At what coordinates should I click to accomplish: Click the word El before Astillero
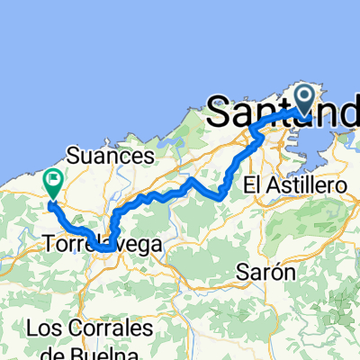point(255,184)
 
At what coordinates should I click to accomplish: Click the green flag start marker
point(52,182)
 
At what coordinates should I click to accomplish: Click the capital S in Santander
point(222,113)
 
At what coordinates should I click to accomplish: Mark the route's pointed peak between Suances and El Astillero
point(191,180)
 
